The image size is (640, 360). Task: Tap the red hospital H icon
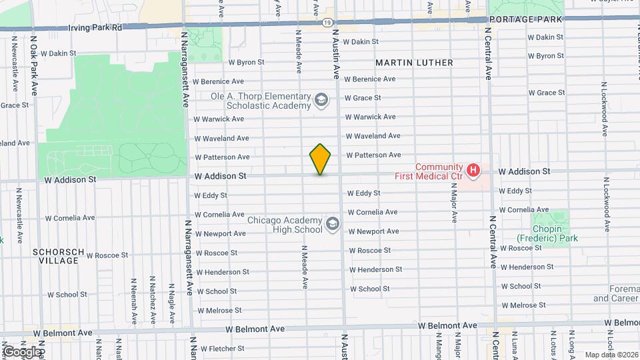pos(473,171)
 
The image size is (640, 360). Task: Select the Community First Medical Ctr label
pos(439,171)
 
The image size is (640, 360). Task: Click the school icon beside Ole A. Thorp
pos(321,101)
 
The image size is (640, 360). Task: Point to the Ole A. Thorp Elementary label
pos(261,101)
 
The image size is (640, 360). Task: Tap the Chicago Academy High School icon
pos(332,225)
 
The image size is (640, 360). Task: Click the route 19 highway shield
pos(327,23)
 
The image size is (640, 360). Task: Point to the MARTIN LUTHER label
pos(414,63)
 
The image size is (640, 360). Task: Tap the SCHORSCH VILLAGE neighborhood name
pos(58,256)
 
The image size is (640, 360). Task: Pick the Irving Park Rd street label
pos(95,28)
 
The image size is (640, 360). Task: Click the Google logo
pos(22,351)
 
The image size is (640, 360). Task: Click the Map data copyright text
pos(609,355)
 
